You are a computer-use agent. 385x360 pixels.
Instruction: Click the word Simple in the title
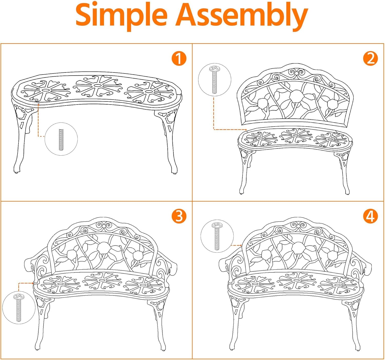coord(121,16)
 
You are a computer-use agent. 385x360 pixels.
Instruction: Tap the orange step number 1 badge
coord(179,58)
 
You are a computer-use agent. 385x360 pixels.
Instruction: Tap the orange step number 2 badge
coord(370,58)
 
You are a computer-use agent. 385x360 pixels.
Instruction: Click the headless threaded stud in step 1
coord(61,139)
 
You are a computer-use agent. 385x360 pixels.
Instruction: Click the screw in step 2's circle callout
coord(214,80)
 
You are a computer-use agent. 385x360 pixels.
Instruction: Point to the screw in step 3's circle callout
coord(19,307)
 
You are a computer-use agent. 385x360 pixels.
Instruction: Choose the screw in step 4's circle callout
coord(217,236)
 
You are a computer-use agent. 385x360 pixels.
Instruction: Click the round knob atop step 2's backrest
coord(296,73)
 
